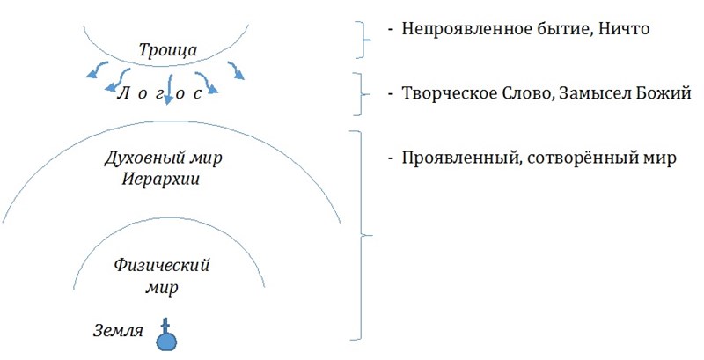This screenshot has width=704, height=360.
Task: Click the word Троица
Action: point(167,50)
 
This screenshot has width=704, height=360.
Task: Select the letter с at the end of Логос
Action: point(197,95)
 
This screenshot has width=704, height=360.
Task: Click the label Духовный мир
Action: point(164,159)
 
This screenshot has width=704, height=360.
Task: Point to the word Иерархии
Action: point(161,180)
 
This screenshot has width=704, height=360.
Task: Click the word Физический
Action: point(162,266)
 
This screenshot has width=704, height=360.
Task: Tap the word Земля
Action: point(118,332)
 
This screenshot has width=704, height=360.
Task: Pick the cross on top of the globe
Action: point(165,325)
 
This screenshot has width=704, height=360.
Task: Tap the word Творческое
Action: point(444,94)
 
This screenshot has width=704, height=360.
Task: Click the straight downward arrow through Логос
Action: point(169,89)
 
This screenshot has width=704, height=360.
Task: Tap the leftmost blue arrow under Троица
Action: point(97,70)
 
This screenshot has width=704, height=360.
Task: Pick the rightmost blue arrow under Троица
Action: point(236,70)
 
